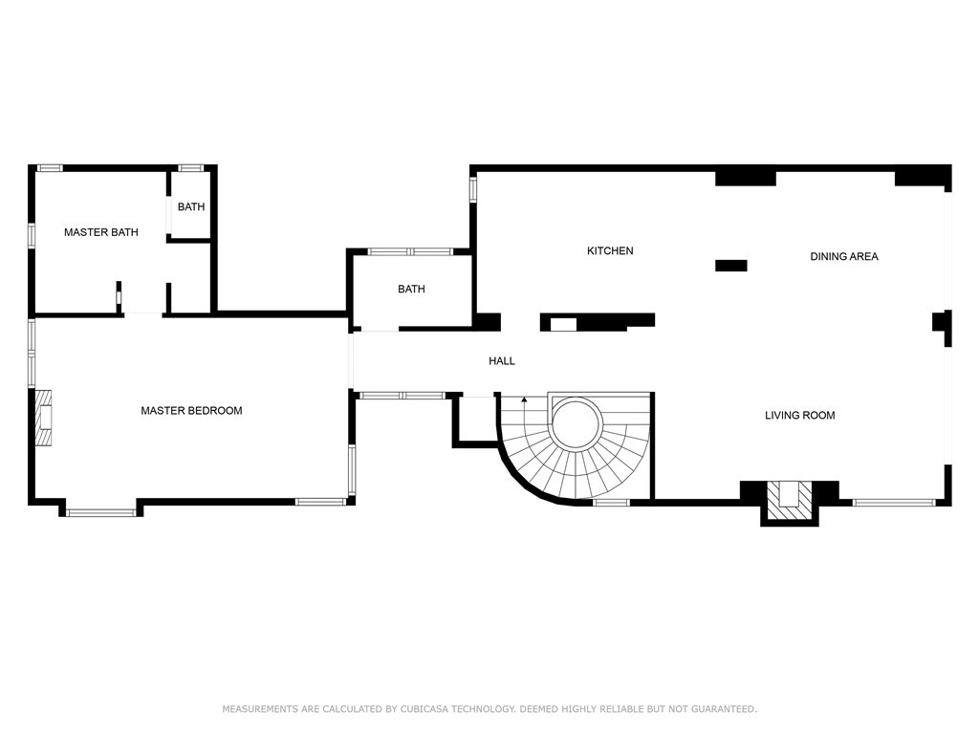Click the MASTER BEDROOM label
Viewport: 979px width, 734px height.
(x=191, y=411)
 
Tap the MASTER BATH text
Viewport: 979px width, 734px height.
(x=100, y=232)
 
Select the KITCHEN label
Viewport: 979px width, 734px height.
(x=610, y=251)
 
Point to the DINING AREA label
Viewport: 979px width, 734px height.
(x=844, y=256)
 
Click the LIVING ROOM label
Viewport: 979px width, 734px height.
(x=799, y=416)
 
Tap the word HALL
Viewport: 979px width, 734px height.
(x=502, y=361)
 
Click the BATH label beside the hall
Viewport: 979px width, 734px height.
(x=411, y=290)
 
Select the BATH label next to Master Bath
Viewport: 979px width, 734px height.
(x=190, y=206)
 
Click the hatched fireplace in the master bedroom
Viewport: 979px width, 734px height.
(x=44, y=418)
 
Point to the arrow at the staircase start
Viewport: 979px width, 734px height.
(x=524, y=399)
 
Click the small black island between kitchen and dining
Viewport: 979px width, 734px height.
(x=730, y=266)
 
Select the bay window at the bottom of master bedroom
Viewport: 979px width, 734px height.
(x=101, y=512)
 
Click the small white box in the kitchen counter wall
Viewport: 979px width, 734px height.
(x=563, y=324)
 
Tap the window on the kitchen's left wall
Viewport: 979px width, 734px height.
(x=472, y=187)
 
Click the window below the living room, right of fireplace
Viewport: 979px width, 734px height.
(x=893, y=501)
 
